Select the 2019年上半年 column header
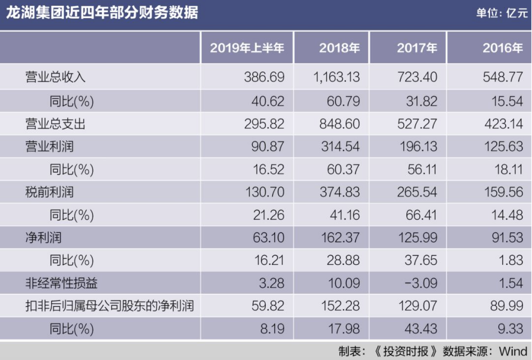coord(247,48)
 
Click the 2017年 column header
coord(417,48)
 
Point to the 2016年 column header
coord(502,48)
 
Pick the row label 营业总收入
coord(55,77)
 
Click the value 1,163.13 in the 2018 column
coord(336,77)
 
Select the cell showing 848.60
coord(339,124)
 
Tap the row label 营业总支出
coord(55,124)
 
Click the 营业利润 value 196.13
coord(418,146)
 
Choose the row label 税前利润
coord(49,192)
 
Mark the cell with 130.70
coord(265,192)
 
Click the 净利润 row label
coord(44,237)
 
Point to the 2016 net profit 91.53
coord(507,237)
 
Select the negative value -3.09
coord(421,283)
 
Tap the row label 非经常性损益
coord(61,283)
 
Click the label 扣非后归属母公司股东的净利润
coord(110,306)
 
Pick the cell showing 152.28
coord(340,306)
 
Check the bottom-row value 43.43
coord(421,329)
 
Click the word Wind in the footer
coord(513,351)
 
